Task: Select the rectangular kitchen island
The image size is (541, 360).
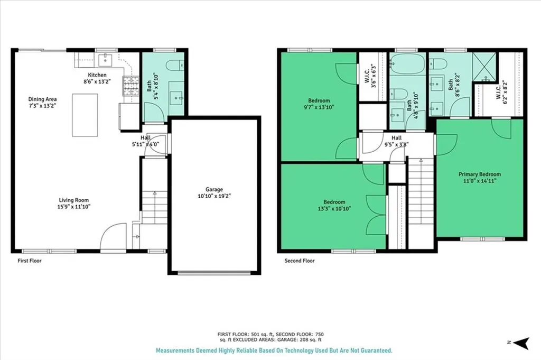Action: tap(85, 115)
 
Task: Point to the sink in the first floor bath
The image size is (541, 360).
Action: tap(176, 98)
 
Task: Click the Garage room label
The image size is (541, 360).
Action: tap(214, 189)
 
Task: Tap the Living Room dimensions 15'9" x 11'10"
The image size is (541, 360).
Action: tap(73, 206)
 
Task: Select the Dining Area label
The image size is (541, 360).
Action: tap(42, 99)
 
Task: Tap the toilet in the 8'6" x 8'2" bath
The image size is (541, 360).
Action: tap(439, 64)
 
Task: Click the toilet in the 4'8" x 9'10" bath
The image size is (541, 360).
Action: tap(400, 95)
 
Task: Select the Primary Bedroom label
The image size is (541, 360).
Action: tap(479, 174)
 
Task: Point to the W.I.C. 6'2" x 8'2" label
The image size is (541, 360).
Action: tap(501, 92)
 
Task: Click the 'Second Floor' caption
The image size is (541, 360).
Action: tap(300, 261)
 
